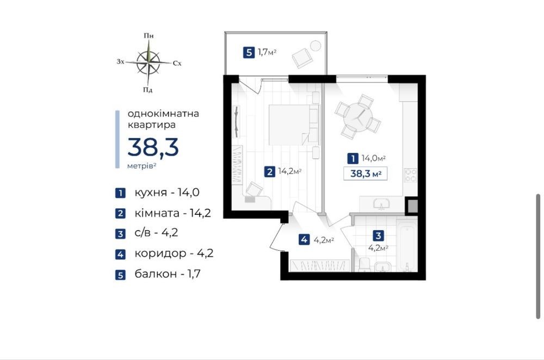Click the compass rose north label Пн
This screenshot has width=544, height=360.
point(149,36)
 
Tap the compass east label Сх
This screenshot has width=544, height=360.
point(177,63)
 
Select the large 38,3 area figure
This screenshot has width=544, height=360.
point(153,147)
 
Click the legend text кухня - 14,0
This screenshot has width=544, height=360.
point(167,193)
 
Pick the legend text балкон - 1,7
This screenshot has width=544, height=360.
point(168,274)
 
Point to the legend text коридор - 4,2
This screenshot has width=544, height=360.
point(174,253)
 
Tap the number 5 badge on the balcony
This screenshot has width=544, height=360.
point(249,53)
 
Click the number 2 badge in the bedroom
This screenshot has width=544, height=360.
point(270,171)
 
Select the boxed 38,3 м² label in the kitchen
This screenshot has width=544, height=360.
point(366,173)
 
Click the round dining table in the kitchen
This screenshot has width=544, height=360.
point(358,116)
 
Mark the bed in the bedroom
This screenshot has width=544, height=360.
point(294,125)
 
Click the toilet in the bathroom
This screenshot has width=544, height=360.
point(364,265)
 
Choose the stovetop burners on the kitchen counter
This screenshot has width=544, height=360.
point(411,175)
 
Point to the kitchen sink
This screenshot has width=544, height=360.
point(381,204)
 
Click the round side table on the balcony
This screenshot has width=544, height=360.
point(316,46)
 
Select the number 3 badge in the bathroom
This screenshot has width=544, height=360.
point(378,236)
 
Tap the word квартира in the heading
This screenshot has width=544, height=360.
point(152,125)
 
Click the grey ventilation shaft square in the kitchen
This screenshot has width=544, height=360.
point(412,206)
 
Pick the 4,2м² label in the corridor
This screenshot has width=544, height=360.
point(324,240)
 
